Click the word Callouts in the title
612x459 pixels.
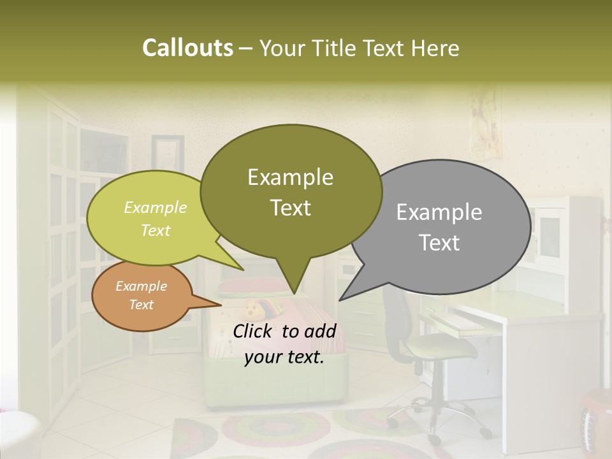(x=187, y=48)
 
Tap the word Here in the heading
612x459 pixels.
(x=435, y=48)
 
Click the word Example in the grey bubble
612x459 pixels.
(x=439, y=212)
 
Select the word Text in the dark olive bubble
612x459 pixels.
(x=290, y=208)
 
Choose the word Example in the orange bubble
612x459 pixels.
(x=141, y=286)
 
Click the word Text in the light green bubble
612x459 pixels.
(x=155, y=230)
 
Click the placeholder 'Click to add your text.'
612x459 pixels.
(x=284, y=344)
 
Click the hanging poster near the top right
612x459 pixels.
(x=484, y=124)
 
